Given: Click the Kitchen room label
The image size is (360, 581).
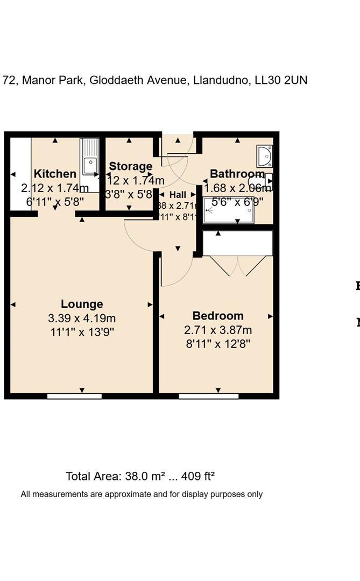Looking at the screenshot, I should (55, 174).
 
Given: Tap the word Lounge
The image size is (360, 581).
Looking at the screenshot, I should (82, 304).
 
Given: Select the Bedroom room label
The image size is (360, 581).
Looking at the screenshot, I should (218, 316).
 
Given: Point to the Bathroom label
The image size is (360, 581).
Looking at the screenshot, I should (237, 174).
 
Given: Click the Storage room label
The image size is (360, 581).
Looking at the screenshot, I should (131, 166).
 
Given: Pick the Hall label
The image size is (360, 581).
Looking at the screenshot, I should (178, 195).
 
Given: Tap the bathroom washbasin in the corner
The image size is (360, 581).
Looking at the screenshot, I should (264, 156).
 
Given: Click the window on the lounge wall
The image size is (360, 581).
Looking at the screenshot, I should (74, 396).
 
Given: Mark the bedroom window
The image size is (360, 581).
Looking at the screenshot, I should (208, 396).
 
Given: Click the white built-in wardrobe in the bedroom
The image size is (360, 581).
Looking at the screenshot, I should (237, 243).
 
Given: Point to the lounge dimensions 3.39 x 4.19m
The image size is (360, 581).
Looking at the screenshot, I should (82, 318).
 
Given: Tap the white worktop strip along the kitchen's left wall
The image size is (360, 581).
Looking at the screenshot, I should (20, 174).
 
